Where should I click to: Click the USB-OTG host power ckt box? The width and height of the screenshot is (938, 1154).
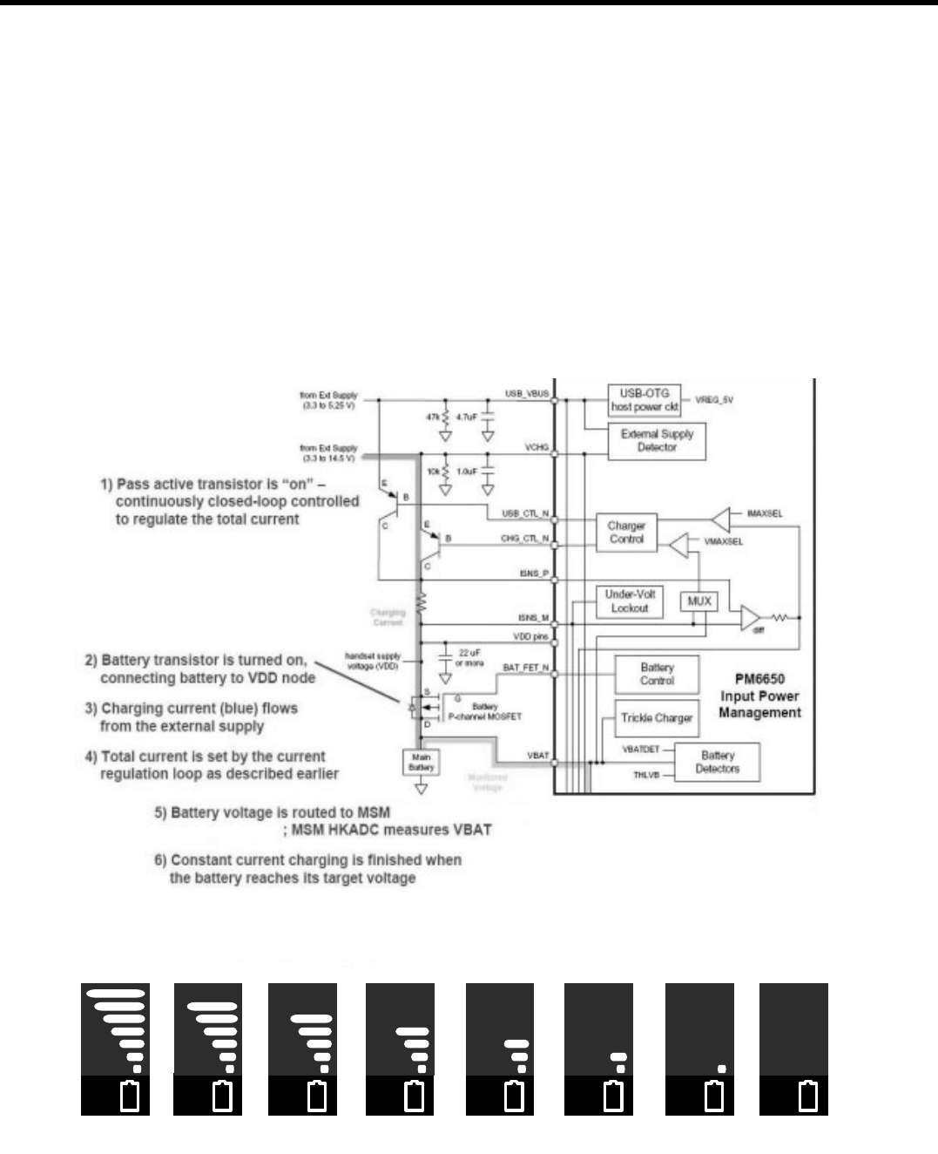pyautogui.click(x=644, y=400)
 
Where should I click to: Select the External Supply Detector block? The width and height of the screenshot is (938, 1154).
pyautogui.click(x=657, y=440)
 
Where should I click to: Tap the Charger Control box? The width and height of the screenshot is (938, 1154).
pyautogui.click(x=626, y=532)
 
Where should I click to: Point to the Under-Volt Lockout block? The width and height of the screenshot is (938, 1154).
pyautogui.click(x=629, y=601)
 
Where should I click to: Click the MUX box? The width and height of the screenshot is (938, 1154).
pyautogui.click(x=699, y=601)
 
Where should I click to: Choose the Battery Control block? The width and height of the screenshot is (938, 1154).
pyautogui.click(x=657, y=674)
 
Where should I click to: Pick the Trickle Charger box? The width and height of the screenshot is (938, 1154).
pyautogui.click(x=657, y=718)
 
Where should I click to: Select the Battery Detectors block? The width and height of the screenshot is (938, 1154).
pyautogui.click(x=718, y=762)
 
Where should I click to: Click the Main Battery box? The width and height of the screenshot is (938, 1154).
pyautogui.click(x=421, y=763)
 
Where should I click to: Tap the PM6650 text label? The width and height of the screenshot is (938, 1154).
pyautogui.click(x=759, y=679)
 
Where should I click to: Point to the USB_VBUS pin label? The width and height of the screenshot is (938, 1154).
pyautogui.click(x=527, y=394)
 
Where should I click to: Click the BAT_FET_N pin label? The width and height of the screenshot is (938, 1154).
pyautogui.click(x=526, y=668)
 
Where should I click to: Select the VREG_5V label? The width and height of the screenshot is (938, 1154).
pyautogui.click(x=714, y=399)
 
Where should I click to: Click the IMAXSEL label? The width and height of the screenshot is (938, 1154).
pyautogui.click(x=765, y=513)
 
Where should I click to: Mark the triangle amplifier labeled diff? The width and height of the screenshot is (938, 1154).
pyautogui.click(x=750, y=618)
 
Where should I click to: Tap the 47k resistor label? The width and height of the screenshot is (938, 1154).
pyautogui.click(x=433, y=417)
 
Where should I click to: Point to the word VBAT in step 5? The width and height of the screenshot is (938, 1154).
pyautogui.click(x=473, y=829)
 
